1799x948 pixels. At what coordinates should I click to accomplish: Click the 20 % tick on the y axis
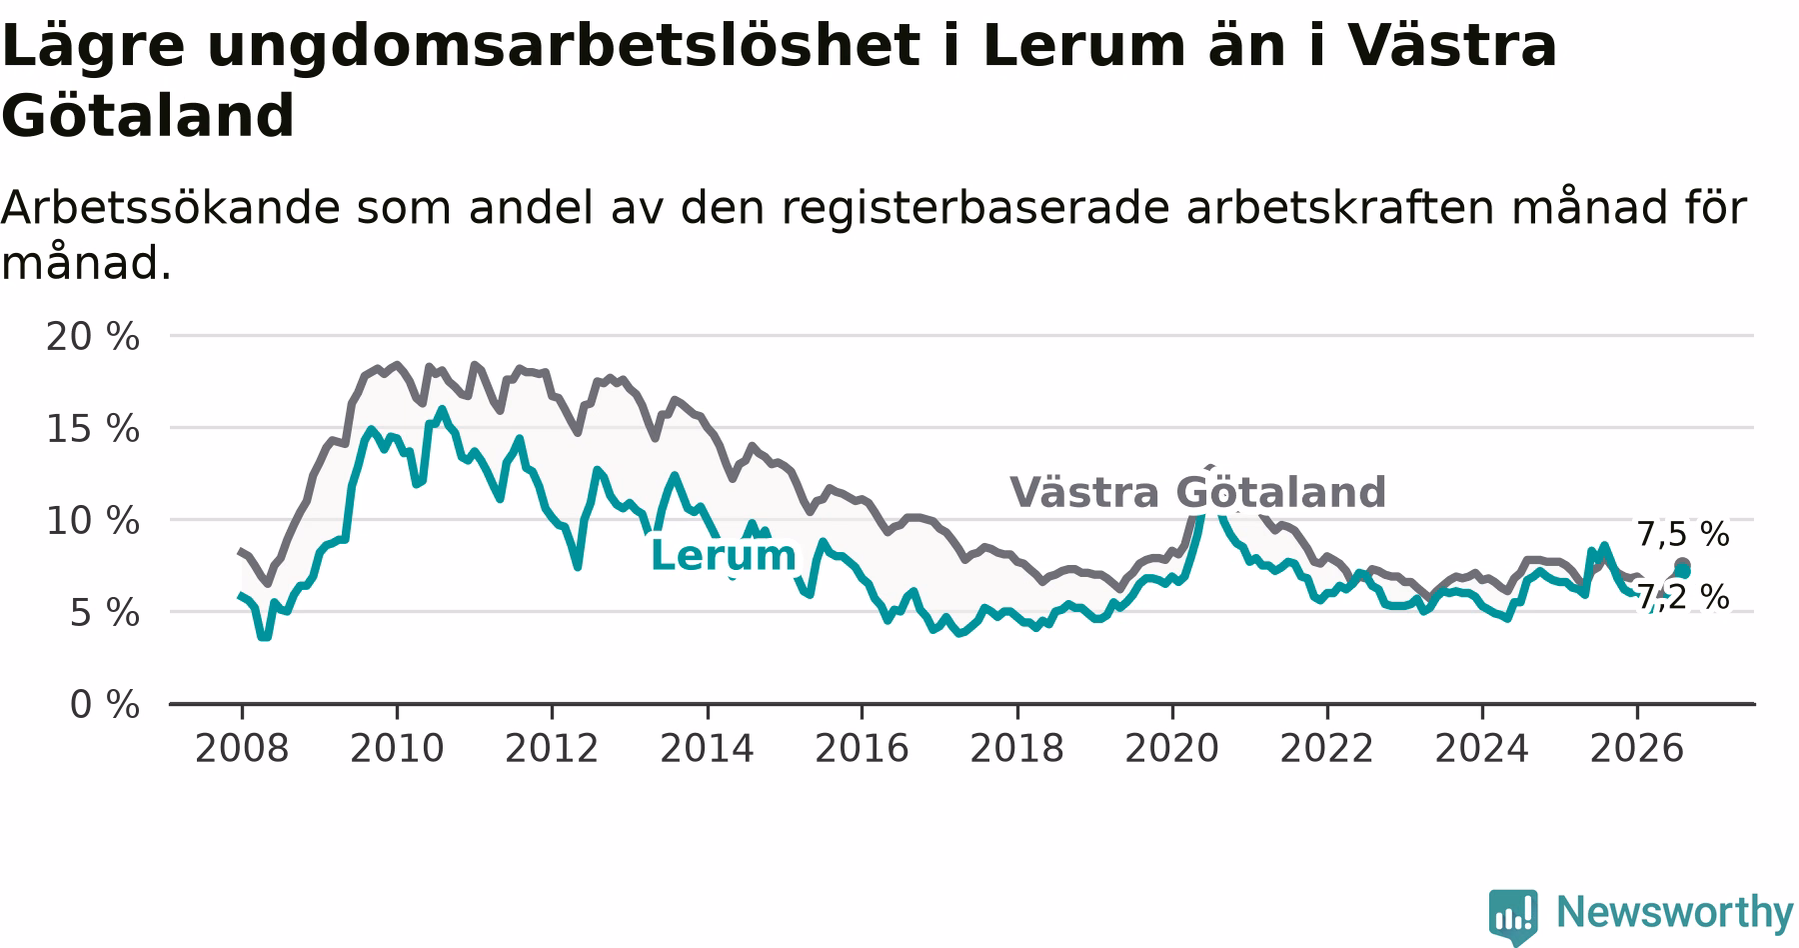[x=93, y=337]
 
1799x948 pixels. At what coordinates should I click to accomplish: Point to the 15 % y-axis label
[x=93, y=429]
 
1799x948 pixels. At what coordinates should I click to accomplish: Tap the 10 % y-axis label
[x=93, y=521]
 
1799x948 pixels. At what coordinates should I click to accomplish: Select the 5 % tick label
[x=104, y=613]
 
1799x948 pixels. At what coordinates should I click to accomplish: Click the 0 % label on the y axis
[x=104, y=705]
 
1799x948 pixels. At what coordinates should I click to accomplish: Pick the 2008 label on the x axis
[x=242, y=748]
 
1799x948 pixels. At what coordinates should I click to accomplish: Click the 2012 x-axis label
[x=552, y=748]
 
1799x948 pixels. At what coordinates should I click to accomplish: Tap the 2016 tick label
[x=862, y=748]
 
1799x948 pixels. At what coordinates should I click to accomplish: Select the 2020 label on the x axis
[x=1172, y=748]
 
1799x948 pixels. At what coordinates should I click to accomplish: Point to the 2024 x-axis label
[x=1482, y=748]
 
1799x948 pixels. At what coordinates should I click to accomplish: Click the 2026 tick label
[x=1637, y=748]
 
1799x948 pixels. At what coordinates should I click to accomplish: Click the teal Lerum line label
[x=723, y=555]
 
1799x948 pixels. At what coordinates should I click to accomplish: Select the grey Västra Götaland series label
[x=1197, y=492]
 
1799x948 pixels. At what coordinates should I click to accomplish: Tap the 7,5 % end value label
[x=1683, y=534]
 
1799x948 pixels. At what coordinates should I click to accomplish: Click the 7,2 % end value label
[x=1683, y=597]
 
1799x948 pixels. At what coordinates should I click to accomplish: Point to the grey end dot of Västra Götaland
[x=1682, y=565]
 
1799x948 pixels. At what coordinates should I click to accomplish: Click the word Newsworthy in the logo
[x=1675, y=912]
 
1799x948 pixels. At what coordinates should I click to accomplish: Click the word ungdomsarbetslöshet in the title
[x=562, y=47]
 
